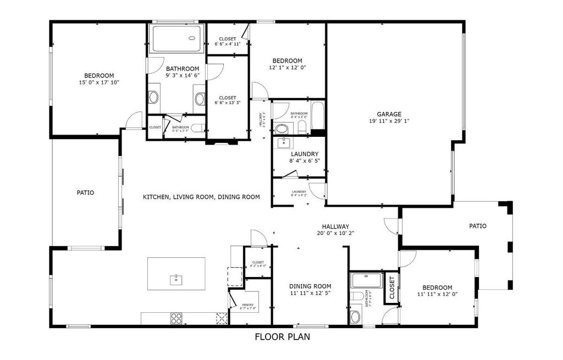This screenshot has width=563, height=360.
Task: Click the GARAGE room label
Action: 389,114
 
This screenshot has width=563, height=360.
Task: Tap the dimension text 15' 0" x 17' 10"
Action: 99,82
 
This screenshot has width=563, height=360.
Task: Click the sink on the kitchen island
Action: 176,279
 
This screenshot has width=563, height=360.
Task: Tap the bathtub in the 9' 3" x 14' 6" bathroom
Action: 176,38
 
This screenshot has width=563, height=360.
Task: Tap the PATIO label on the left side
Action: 85,193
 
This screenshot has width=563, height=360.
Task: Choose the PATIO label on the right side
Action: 477,226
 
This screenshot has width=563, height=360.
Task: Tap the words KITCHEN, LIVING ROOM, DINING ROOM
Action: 201,197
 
